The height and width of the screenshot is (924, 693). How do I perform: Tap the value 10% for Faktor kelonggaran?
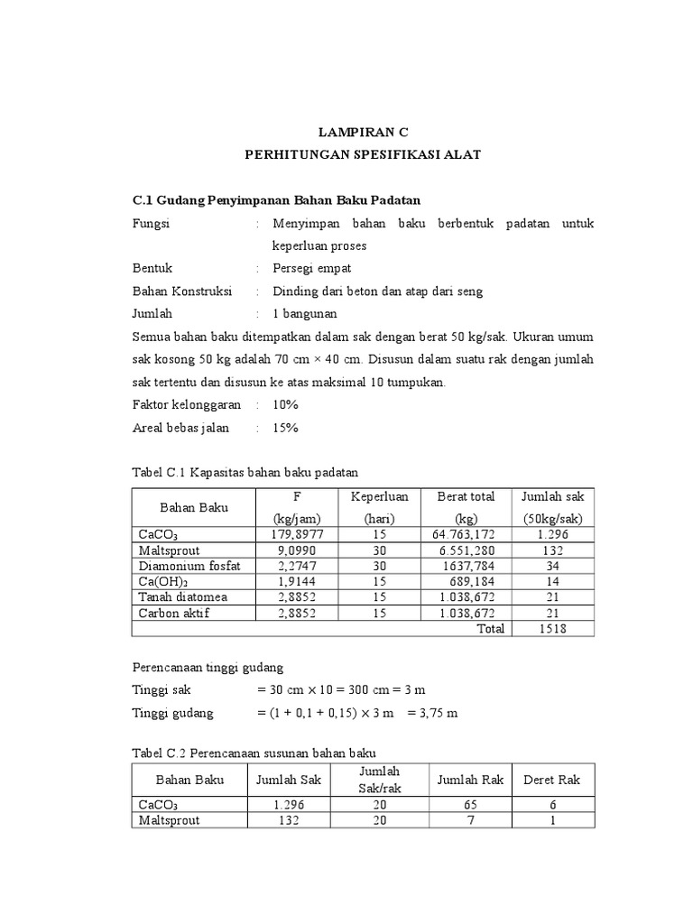(285, 405)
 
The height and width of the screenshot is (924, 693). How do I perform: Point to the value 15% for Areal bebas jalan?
(285, 428)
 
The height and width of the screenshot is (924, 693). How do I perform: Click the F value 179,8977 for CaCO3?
(296, 535)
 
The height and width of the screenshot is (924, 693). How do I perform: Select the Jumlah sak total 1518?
(552, 629)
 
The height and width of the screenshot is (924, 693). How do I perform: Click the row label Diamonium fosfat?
(184, 566)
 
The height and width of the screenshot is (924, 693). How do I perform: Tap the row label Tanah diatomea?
(183, 597)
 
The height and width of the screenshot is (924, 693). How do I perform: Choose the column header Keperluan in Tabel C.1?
(380, 496)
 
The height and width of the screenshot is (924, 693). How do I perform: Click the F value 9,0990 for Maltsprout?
(296, 550)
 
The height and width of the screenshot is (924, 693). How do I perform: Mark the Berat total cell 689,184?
(469, 582)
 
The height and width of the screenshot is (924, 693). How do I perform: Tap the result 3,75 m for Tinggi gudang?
(433, 713)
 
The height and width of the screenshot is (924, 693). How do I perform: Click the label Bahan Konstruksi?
(182, 291)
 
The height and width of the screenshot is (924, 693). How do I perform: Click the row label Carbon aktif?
(178, 613)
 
